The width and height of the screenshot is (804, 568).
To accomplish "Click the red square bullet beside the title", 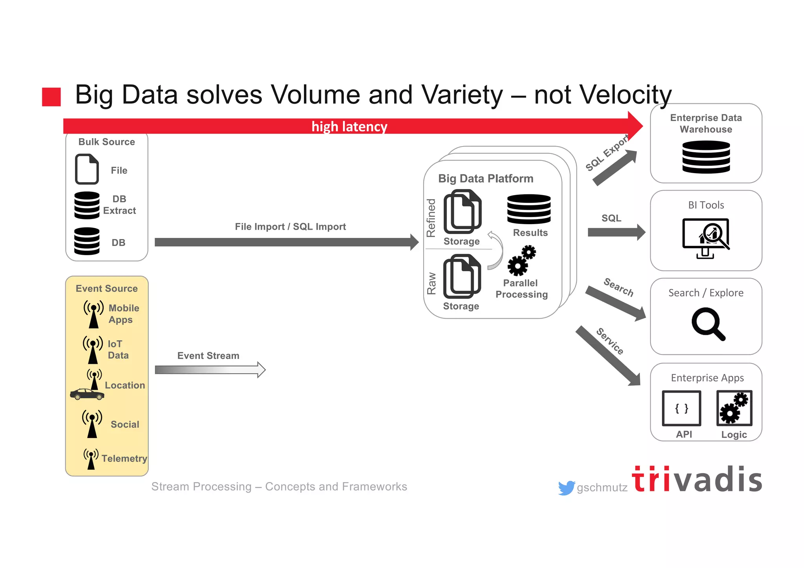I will tap(51, 97).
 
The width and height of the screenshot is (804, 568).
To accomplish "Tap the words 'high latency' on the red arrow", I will tap(349, 126).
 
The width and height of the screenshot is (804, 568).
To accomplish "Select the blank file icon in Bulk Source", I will tap(87, 169).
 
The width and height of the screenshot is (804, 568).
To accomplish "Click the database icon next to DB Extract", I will tap(87, 205).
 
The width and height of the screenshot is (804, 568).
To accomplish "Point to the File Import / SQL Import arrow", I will tap(287, 242).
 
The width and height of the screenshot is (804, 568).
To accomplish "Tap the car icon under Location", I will tap(87, 394).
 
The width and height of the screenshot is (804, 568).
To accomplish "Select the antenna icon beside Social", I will tap(92, 424).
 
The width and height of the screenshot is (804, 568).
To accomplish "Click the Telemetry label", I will tap(124, 458).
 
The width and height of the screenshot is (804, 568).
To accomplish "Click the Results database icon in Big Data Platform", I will tap(529, 209).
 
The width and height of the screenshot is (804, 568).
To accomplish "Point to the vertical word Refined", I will tap(431, 218).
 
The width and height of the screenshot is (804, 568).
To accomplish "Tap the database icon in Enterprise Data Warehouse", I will tap(706, 157).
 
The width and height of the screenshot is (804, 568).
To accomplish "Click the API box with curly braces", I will tap(682, 408).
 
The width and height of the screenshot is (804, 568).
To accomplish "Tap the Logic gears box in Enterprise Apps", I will tap(734, 408).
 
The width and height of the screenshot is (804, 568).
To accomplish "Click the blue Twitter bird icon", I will tap(566, 488).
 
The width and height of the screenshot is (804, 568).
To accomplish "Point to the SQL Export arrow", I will tap(615, 168).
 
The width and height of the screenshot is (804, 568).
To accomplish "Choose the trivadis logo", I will tap(697, 479).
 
